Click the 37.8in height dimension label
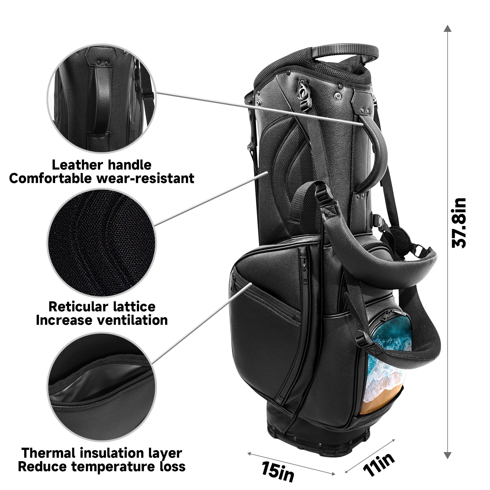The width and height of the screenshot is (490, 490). tap(459, 223)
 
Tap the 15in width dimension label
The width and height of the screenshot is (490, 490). tap(278, 471)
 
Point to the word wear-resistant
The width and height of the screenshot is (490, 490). tap(146, 179)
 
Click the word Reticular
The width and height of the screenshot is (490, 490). tap(78, 307)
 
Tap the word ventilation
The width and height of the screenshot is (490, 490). tap(132, 320)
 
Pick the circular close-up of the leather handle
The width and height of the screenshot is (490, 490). tap(101, 98)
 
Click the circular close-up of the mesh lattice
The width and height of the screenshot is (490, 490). tap(101, 243)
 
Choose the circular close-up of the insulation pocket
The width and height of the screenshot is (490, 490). tap(101, 387)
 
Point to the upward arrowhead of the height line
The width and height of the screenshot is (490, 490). tap(447, 28)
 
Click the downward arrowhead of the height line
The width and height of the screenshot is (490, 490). tap(447, 455)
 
